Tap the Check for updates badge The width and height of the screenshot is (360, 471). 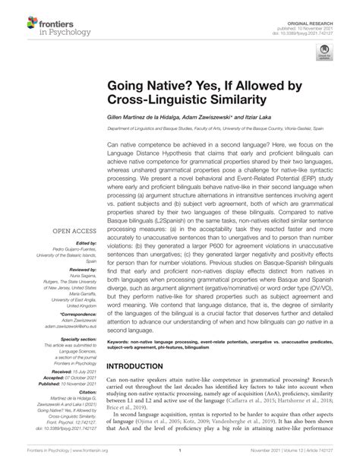coord(327,51)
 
